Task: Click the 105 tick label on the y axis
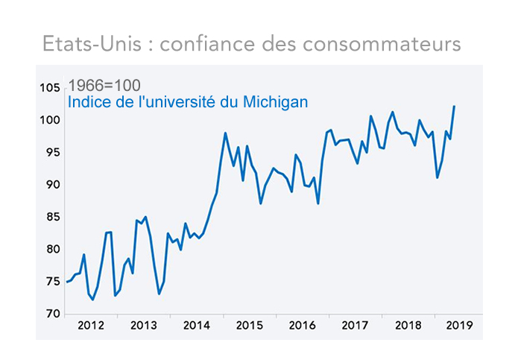50,88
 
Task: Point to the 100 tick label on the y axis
50,120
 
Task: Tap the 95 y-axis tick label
52,152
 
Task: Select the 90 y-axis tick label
52,185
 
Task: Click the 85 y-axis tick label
52,217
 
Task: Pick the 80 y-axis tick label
52,249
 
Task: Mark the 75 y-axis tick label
52,281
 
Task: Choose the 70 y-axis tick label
52,314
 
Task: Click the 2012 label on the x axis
91,326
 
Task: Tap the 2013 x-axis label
143,326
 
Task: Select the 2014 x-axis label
196,326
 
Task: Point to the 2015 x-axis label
249,326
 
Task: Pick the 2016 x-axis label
302,326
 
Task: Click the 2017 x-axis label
355,326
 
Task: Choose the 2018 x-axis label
408,326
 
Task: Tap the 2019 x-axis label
456,326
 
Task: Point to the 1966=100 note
104,86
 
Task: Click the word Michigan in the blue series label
277,102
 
